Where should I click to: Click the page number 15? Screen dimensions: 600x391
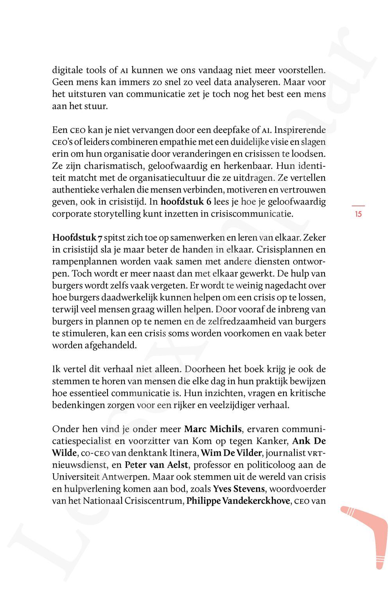pyautogui.click(x=358, y=214)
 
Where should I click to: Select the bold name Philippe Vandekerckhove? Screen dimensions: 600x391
pyautogui.click(x=238, y=501)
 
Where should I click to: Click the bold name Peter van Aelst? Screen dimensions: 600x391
pyautogui.click(x=157, y=465)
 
